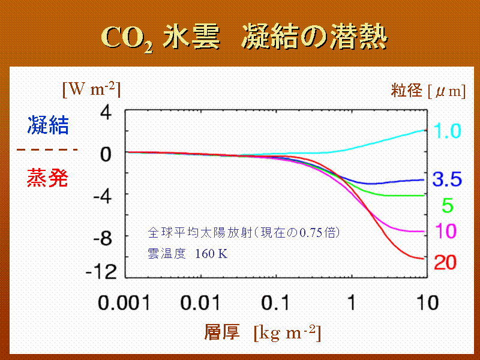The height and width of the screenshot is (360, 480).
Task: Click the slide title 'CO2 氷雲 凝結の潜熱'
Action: (243, 37)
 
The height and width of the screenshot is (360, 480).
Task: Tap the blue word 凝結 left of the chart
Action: (47, 125)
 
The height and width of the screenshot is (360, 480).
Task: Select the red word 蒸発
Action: (47, 178)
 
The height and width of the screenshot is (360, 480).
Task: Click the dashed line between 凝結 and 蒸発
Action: (47, 149)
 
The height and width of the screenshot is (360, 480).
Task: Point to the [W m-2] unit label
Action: (92, 91)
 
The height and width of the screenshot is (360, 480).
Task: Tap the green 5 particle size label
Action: (448, 206)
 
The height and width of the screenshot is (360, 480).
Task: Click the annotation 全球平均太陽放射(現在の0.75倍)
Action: (248, 231)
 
